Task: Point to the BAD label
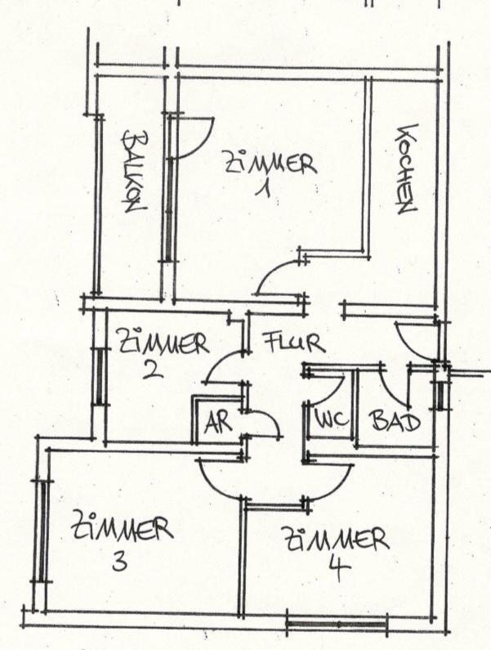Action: (395, 421)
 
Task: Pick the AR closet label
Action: (216, 423)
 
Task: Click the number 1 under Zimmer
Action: (263, 191)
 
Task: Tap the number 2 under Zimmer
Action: (151, 370)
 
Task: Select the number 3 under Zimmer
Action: (119, 563)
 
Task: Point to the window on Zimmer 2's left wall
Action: (99, 375)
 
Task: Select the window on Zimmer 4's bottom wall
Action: (336, 626)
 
